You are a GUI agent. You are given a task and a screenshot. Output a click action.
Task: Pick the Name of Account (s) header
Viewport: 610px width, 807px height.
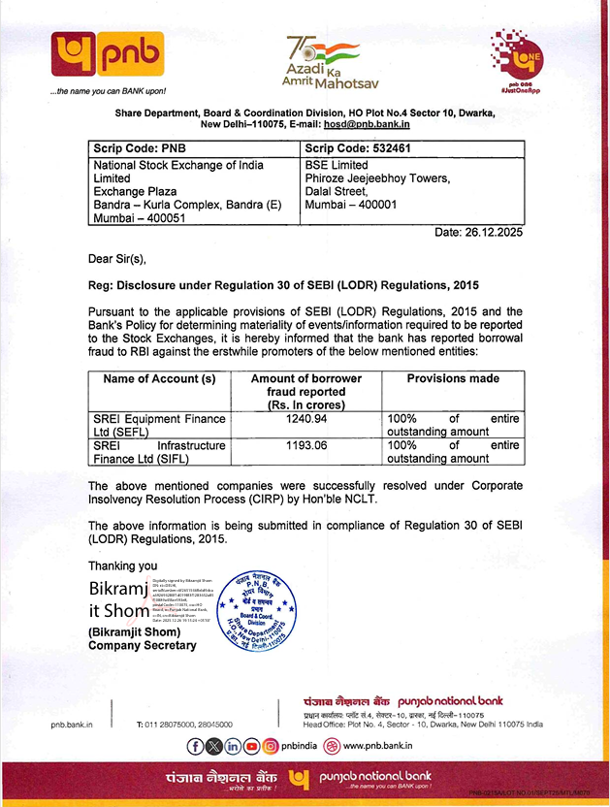coord(159,379)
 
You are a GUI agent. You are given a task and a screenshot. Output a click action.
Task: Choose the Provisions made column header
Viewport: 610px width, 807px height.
coord(453,379)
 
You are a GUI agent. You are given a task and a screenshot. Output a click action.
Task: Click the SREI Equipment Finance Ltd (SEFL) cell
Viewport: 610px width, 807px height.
coord(159,425)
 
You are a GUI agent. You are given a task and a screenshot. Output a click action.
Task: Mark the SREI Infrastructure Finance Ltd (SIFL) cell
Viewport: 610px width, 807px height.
coord(159,451)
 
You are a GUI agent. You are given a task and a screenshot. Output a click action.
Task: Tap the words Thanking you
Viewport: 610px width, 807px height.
coord(122,565)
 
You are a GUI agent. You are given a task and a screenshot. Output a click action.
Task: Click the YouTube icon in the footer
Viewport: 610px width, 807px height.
coord(251,746)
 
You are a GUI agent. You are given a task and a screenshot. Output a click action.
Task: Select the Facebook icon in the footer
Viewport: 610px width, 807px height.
coord(196,746)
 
